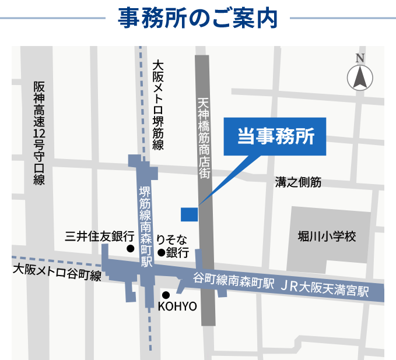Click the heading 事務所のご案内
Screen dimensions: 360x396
[x=198, y=18]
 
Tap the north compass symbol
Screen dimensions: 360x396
[x=360, y=77]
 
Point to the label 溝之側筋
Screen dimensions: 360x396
[x=298, y=182]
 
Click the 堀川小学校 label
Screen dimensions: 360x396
[x=326, y=237]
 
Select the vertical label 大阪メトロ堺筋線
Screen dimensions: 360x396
[x=157, y=105]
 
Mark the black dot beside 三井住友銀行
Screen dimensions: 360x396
[x=131, y=249]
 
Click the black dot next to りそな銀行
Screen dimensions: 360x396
[x=160, y=252]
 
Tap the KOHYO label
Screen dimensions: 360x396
[x=177, y=306]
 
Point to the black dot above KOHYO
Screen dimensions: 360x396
[x=166, y=295]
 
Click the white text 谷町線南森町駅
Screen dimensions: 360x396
[x=233, y=281]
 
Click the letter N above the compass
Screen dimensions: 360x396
[x=360, y=58]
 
